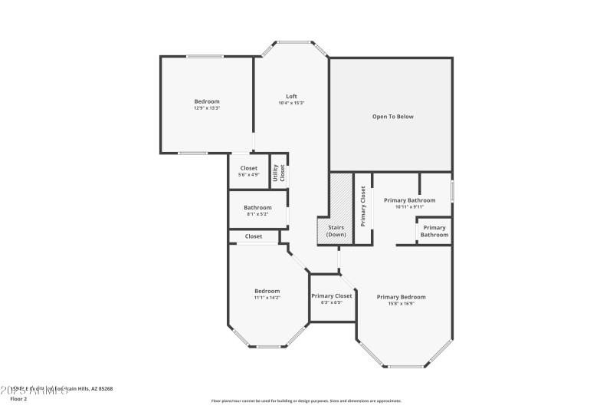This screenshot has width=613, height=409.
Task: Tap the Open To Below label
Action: click(x=392, y=117)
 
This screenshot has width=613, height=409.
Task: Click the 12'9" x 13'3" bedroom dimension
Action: click(x=206, y=108)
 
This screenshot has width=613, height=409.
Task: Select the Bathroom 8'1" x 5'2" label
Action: click(x=257, y=207)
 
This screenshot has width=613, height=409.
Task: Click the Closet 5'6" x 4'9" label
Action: click(x=248, y=168)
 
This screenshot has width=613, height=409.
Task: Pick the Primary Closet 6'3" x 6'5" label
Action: click(x=331, y=295)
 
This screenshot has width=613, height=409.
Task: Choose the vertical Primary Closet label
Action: click(x=363, y=206)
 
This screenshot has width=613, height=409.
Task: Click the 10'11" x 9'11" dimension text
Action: click(x=409, y=206)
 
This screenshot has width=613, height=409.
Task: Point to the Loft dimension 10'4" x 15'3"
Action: click(x=291, y=103)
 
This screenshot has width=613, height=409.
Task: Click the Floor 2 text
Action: click(x=18, y=399)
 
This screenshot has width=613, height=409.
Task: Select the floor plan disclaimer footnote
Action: click(x=306, y=401)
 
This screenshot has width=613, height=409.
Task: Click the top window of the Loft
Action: click(x=292, y=42)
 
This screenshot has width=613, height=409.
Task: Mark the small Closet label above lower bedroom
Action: click(x=254, y=236)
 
